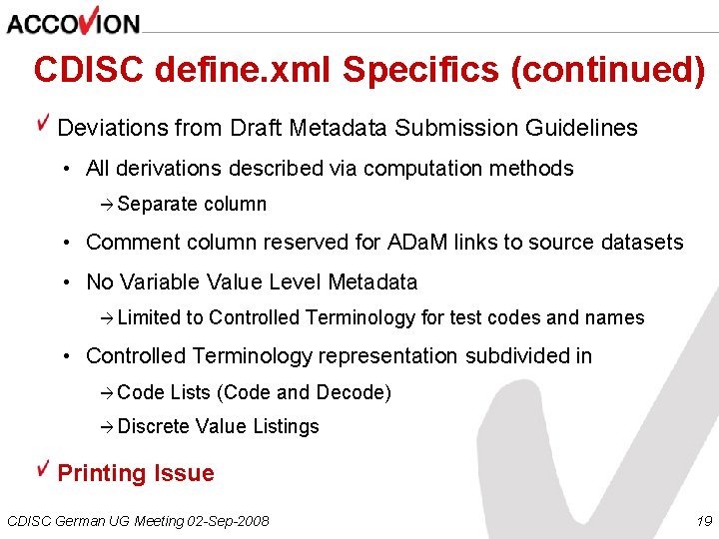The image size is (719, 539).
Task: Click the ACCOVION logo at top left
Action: pyautogui.click(x=73, y=21)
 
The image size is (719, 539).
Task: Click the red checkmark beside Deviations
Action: pyautogui.click(x=43, y=123)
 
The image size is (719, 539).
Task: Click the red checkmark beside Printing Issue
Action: pyautogui.click(x=43, y=468)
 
